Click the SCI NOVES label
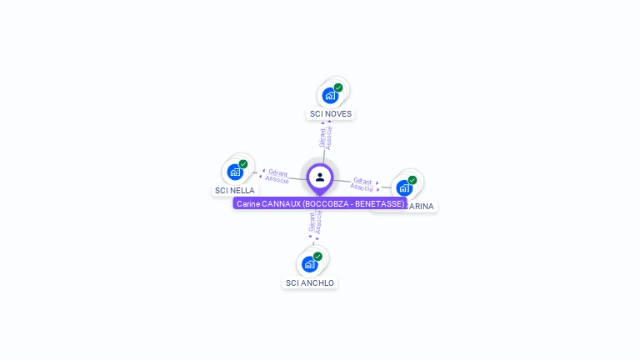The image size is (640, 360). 331,113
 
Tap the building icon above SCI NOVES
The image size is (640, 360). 330,96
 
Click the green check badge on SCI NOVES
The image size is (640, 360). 338,87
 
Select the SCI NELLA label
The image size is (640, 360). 235,190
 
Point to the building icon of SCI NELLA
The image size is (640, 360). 235,172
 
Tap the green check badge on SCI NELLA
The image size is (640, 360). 243,164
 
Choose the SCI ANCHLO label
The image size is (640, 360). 310,282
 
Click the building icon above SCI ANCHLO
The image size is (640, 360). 309,265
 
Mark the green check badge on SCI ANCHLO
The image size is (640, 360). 317,257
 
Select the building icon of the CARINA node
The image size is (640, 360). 404,188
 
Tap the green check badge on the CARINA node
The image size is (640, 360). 412,180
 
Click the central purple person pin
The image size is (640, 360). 320,177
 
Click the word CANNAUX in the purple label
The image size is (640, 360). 281,203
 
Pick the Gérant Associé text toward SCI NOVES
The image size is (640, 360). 326,137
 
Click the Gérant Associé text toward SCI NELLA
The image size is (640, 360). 277,176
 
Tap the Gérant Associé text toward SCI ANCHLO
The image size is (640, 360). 315,222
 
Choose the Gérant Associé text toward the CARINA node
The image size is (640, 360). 362,183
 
